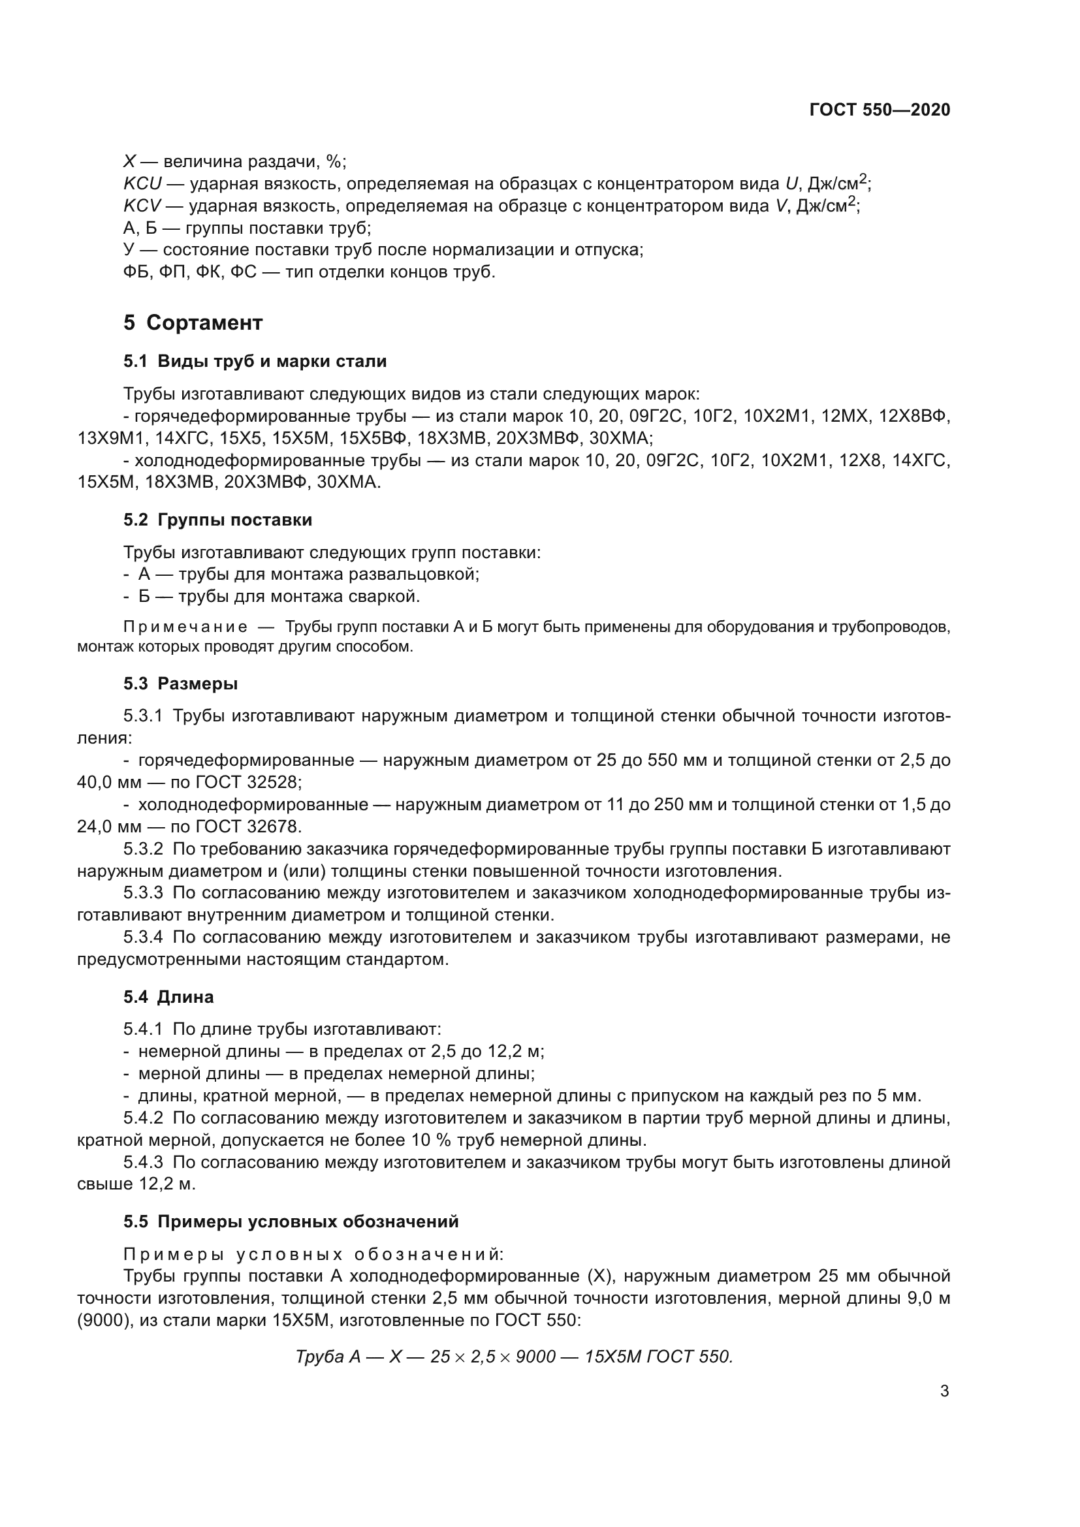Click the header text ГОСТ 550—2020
879,110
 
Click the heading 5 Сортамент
193,323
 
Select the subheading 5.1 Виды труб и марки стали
255,361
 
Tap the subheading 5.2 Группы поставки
217,520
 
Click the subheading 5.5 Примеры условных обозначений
291,1221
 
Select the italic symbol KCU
142,183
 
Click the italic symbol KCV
142,206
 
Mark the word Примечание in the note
185,627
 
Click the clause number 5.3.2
143,849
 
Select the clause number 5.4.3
143,1162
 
